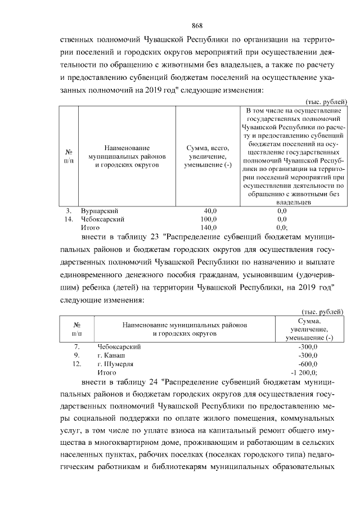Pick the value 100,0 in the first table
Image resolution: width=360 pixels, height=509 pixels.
pyautogui.click(x=209, y=219)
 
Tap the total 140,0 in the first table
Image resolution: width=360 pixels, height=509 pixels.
pyautogui.click(x=209, y=228)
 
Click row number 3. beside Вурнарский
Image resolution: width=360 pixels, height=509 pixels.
pyautogui.click(x=69, y=210)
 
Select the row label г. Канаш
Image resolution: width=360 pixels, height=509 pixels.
pyautogui.click(x=111, y=355)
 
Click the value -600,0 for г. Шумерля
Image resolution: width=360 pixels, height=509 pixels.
pyautogui.click(x=308, y=364)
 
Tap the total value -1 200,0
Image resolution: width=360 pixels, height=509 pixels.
pyautogui.click(x=304, y=373)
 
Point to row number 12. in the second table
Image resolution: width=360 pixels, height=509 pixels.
pyautogui.click(x=78, y=364)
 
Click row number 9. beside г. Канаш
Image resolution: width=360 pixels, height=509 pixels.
pyautogui.click(x=78, y=355)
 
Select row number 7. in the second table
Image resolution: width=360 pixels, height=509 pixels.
pyautogui.click(x=78, y=346)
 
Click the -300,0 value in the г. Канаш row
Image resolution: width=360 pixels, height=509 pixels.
pyautogui.click(x=308, y=355)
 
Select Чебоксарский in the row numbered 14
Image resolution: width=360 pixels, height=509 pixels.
pyautogui.click(x=103, y=219)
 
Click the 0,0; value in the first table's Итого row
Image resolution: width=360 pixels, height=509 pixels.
pyautogui.click(x=283, y=228)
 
